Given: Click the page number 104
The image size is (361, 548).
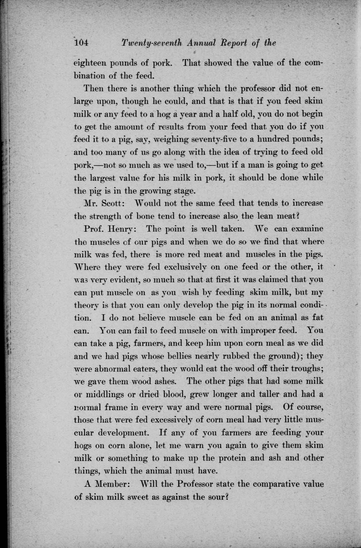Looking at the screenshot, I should coord(81,43).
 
